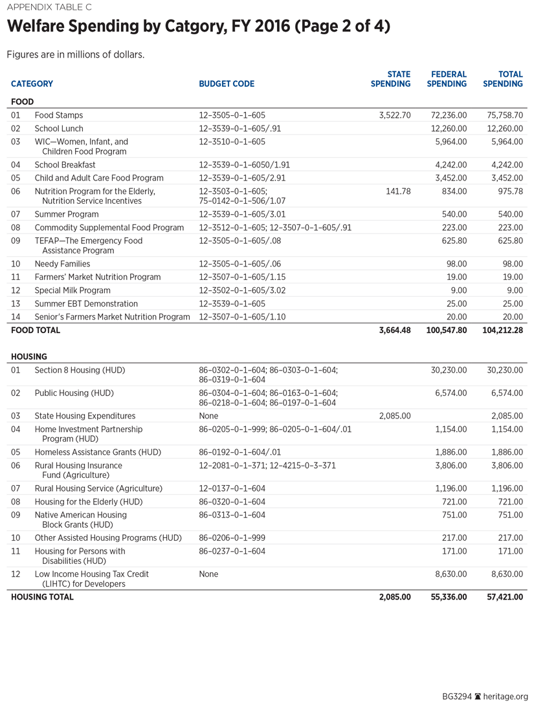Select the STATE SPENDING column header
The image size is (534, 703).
point(390,79)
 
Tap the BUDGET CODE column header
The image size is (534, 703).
point(227,83)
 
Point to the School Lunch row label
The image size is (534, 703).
point(59,129)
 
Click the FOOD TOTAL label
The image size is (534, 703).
point(36,330)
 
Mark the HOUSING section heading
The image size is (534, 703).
point(29,356)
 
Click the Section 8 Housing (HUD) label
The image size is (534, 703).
point(80,370)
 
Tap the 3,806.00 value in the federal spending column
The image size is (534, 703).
point(450,465)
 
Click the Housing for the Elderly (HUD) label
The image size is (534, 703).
point(88,502)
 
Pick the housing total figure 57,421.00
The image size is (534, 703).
point(504,597)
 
